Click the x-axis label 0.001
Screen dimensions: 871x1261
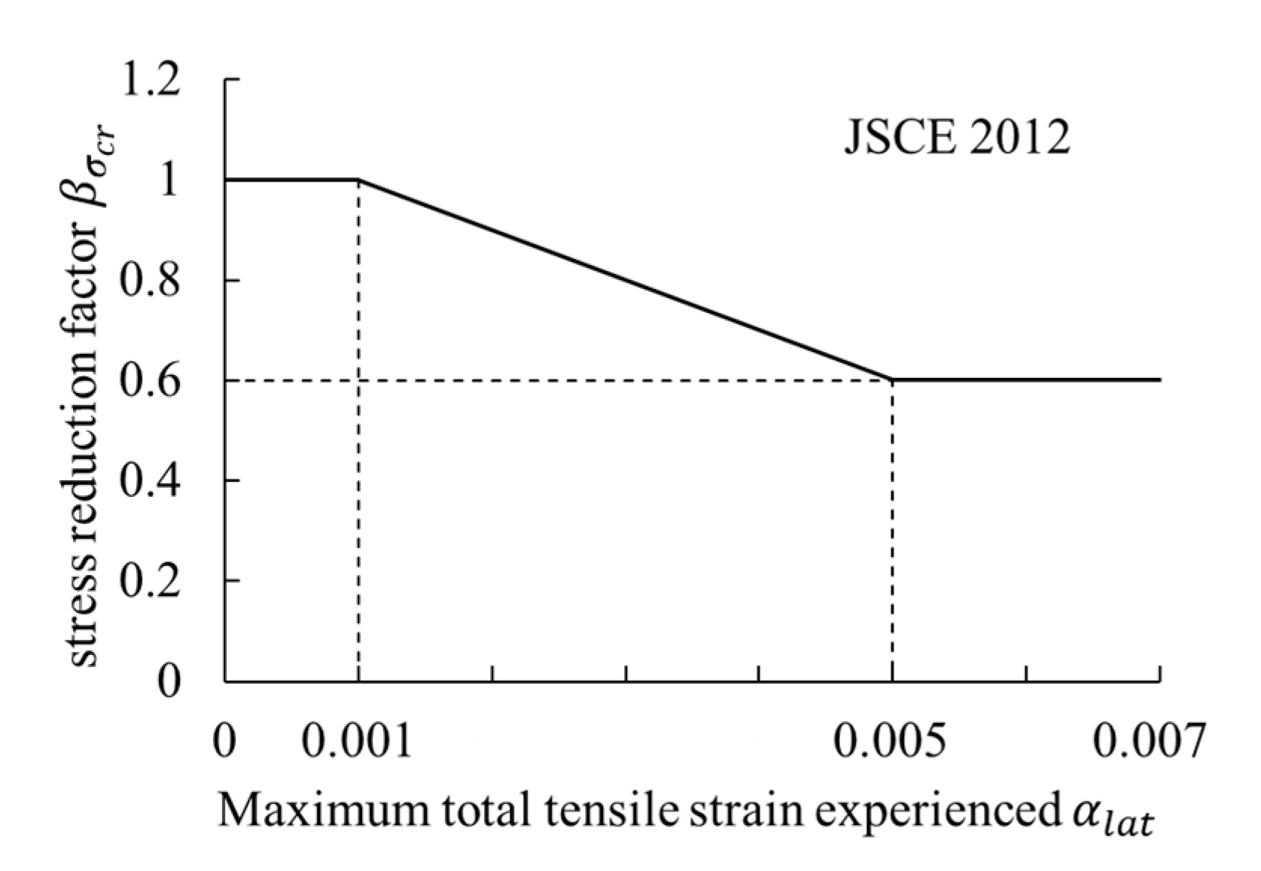pos(358,741)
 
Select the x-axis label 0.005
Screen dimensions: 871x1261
pos(891,741)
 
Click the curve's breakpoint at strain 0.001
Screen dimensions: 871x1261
pos(358,179)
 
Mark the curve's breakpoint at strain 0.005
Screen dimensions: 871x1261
pos(892,379)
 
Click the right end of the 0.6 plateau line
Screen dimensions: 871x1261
pos(1159,379)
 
